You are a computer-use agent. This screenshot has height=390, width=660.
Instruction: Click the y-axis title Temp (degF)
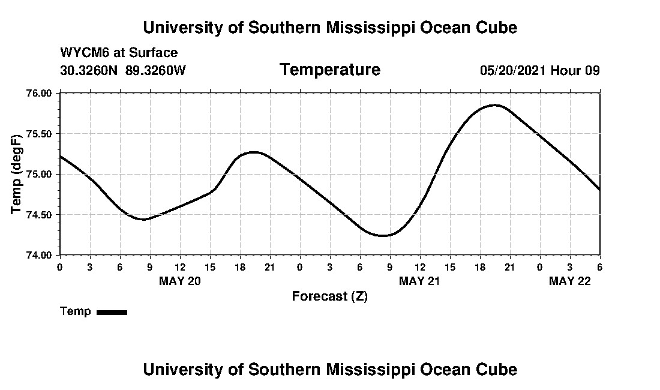[x=17, y=174]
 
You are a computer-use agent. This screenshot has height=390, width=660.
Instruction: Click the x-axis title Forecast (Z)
[x=329, y=296]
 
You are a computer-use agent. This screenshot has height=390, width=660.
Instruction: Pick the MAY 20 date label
[x=180, y=281]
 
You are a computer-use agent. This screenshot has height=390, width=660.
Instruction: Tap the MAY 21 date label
[x=420, y=281]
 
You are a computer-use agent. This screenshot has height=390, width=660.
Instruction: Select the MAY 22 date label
[x=570, y=281]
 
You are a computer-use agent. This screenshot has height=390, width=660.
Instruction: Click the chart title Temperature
[x=329, y=70]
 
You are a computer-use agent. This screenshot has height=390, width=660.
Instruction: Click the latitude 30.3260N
[x=90, y=70]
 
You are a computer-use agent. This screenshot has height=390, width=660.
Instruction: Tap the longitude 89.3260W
[x=156, y=70]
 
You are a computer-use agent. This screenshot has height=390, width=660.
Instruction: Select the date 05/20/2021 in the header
[x=513, y=70]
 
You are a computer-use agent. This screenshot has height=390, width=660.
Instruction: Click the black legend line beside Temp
[x=112, y=312]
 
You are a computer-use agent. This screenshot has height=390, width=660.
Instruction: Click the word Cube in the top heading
[x=497, y=28]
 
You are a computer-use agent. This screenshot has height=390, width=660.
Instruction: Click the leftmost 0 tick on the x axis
[x=59, y=266]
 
